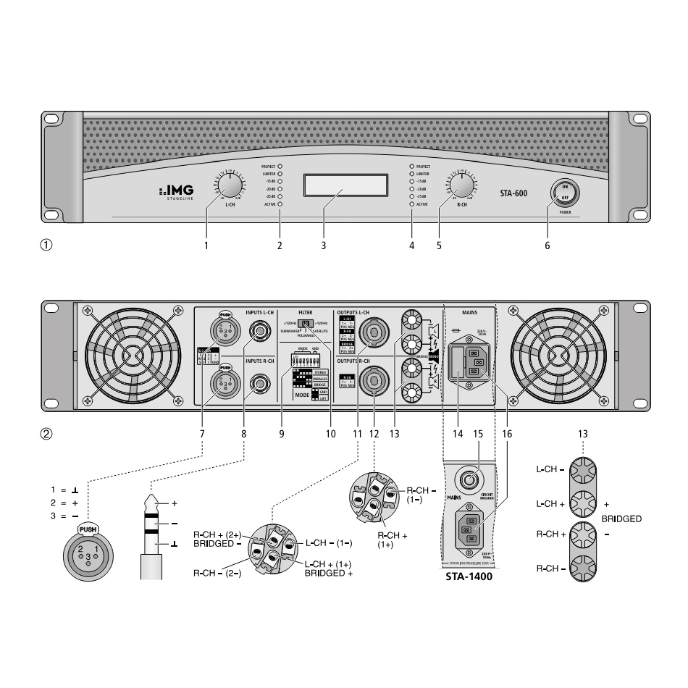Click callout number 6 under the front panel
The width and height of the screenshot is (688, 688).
tap(547, 246)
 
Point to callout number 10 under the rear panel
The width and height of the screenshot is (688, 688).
tap(331, 435)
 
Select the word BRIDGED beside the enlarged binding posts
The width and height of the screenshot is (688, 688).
tap(621, 520)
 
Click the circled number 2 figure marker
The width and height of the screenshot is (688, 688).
tap(47, 435)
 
